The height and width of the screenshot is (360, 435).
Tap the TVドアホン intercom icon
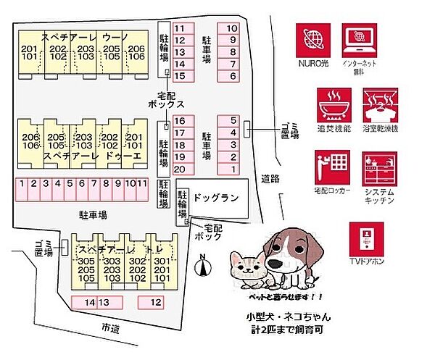click(365, 238)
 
